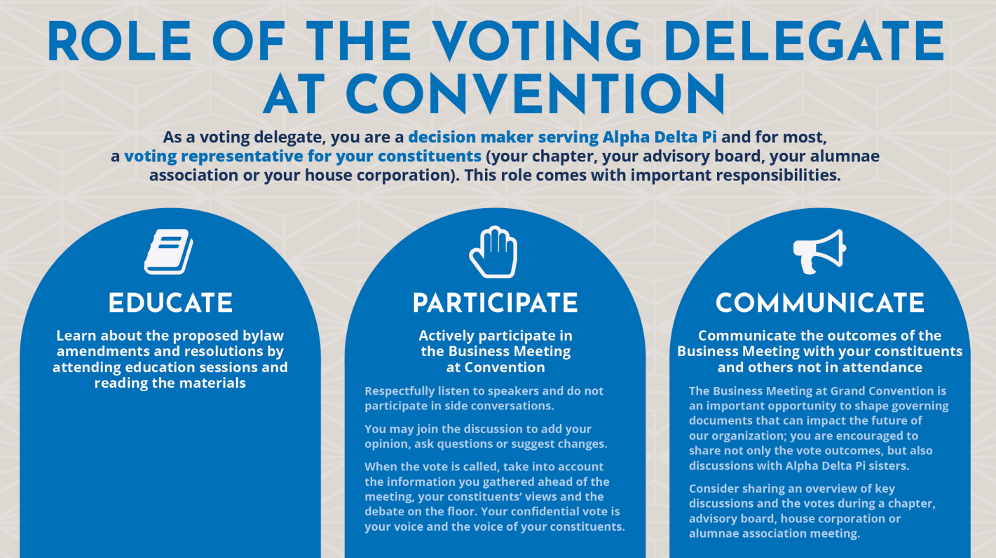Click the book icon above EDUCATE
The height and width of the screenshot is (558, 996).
pos(168,252)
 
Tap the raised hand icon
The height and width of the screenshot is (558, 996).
pos(493,252)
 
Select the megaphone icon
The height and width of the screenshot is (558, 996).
pos(819,252)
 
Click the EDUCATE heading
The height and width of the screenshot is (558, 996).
pos(170,303)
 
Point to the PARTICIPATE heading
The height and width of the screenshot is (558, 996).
pos(496,303)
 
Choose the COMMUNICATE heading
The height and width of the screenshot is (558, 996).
pos(820,303)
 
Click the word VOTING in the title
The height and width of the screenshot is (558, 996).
pos(538,41)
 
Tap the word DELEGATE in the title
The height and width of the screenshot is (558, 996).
pos(805,41)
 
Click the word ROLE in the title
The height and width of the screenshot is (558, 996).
pos(119,41)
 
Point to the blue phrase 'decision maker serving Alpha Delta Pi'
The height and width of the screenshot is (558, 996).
pos(562,137)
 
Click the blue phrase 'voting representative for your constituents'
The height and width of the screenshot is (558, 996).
pos(303,156)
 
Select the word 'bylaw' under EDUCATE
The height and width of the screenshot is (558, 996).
pos(264,336)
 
